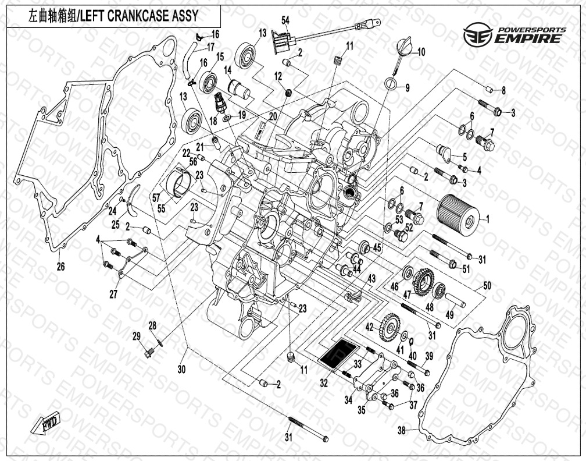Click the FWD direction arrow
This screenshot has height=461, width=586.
coord(45,424)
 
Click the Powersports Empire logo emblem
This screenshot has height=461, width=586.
coord(477,35)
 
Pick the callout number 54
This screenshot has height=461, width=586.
coord(285,21)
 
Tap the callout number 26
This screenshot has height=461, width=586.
coord(60,267)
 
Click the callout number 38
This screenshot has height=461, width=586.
coord(401,431)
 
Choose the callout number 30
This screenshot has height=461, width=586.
coord(181,369)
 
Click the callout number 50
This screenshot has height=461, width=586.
coord(487,286)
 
